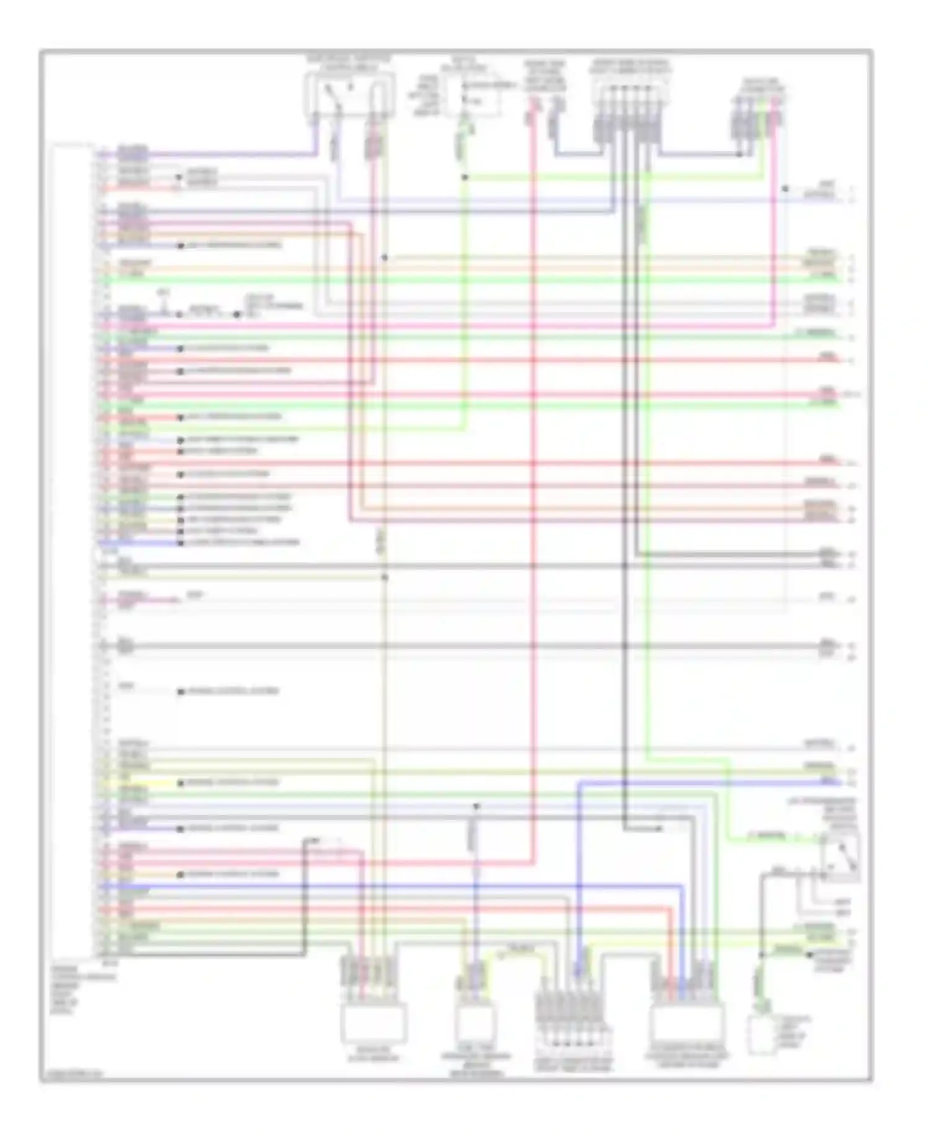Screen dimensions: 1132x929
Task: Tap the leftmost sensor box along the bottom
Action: coord(373,1024)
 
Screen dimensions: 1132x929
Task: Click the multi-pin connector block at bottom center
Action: coord(573,1016)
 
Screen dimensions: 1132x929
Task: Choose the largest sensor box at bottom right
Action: coord(687,1025)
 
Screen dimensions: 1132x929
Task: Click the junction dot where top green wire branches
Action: coord(464,178)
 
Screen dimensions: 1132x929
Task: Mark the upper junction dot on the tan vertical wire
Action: coord(384,258)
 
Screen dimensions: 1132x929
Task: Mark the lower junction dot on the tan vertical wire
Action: coord(384,577)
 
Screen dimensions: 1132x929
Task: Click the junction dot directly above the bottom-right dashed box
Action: coord(762,955)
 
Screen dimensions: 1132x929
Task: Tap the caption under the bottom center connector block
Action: coord(573,1065)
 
